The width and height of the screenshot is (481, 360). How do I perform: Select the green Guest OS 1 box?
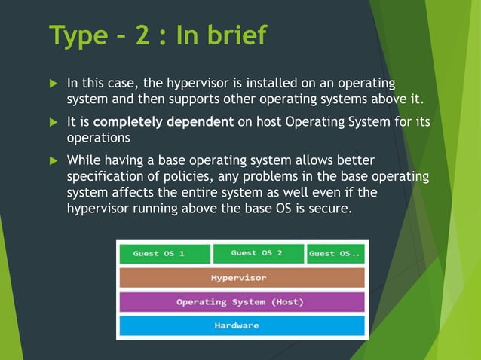(x=164, y=254)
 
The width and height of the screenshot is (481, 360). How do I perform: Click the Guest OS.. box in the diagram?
(x=335, y=254)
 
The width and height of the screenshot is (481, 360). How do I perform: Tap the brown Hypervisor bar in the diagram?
(x=241, y=278)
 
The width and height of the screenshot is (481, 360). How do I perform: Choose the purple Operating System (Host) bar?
(x=241, y=302)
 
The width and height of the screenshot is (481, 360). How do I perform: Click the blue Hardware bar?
(x=241, y=326)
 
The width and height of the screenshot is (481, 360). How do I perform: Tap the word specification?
(x=103, y=176)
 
